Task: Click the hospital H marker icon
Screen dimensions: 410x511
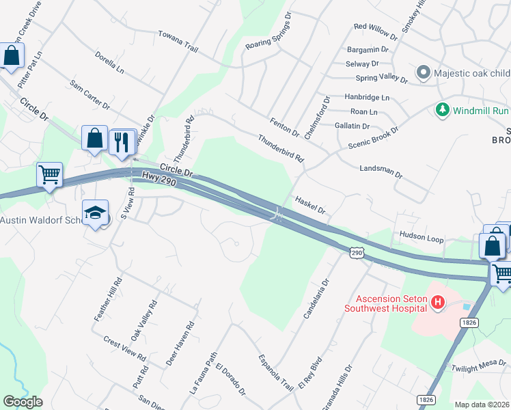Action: pyautogui.click(x=438, y=301)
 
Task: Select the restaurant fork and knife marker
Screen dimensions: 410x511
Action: pyautogui.click(x=122, y=142)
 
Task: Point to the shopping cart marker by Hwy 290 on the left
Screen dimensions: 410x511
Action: pyautogui.click(x=49, y=175)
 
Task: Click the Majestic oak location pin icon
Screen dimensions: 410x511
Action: pyautogui.click(x=423, y=72)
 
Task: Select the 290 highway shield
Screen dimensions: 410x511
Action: pyautogui.click(x=356, y=253)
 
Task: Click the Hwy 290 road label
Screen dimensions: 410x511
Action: pyautogui.click(x=159, y=179)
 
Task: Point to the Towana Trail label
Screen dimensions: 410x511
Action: pyautogui.click(x=178, y=40)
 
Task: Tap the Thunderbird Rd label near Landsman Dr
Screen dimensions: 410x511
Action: pyautogui.click(x=280, y=148)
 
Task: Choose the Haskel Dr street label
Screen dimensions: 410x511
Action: pyautogui.click(x=311, y=206)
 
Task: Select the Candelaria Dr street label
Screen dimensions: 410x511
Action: pyautogui.click(x=316, y=298)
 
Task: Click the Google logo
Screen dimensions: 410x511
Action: pyautogui.click(x=23, y=402)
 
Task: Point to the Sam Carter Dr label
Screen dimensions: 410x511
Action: pyautogui.click(x=89, y=94)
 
